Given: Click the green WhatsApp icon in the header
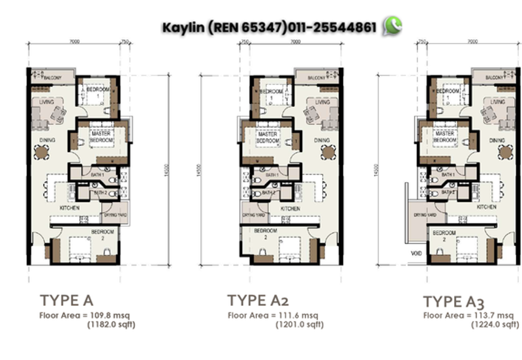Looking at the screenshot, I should pyautogui.click(x=393, y=26).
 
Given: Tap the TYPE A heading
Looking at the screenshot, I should pyautogui.click(x=67, y=301).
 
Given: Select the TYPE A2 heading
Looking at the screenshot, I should pyautogui.click(x=257, y=300).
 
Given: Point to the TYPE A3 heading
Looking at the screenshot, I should pyautogui.click(x=453, y=301).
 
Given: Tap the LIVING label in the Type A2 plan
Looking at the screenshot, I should pyautogui.click(x=322, y=102).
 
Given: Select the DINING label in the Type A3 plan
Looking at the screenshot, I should pyautogui.click(x=497, y=140).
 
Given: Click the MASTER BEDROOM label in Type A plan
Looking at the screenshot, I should pyautogui.click(x=101, y=138).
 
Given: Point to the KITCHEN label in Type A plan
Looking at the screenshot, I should pyautogui.click(x=69, y=207).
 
